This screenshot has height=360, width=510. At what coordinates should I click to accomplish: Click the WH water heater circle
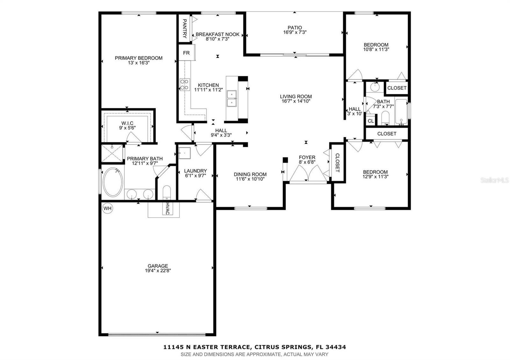(107, 209)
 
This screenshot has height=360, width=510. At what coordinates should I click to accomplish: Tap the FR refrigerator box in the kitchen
(186, 53)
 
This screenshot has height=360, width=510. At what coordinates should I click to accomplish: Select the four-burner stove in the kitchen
(185, 84)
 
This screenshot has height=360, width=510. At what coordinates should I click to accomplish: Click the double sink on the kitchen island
(231, 98)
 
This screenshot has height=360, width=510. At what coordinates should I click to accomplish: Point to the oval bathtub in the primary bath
(113, 182)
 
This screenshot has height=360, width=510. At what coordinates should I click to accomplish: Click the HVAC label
(167, 208)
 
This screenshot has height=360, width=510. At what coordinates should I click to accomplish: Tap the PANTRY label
(184, 28)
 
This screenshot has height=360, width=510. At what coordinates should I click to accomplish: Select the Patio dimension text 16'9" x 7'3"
(295, 32)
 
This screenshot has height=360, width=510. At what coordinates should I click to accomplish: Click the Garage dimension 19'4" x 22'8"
(157, 271)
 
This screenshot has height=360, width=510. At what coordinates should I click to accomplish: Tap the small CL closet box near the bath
(370, 121)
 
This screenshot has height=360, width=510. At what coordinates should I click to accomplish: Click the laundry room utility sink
(184, 153)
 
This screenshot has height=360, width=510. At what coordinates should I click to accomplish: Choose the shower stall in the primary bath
(112, 154)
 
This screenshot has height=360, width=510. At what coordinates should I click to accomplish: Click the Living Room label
(296, 97)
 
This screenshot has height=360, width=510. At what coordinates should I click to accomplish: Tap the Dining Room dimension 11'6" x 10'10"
(250, 179)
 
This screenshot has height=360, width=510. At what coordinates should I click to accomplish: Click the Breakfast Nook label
(217, 34)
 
